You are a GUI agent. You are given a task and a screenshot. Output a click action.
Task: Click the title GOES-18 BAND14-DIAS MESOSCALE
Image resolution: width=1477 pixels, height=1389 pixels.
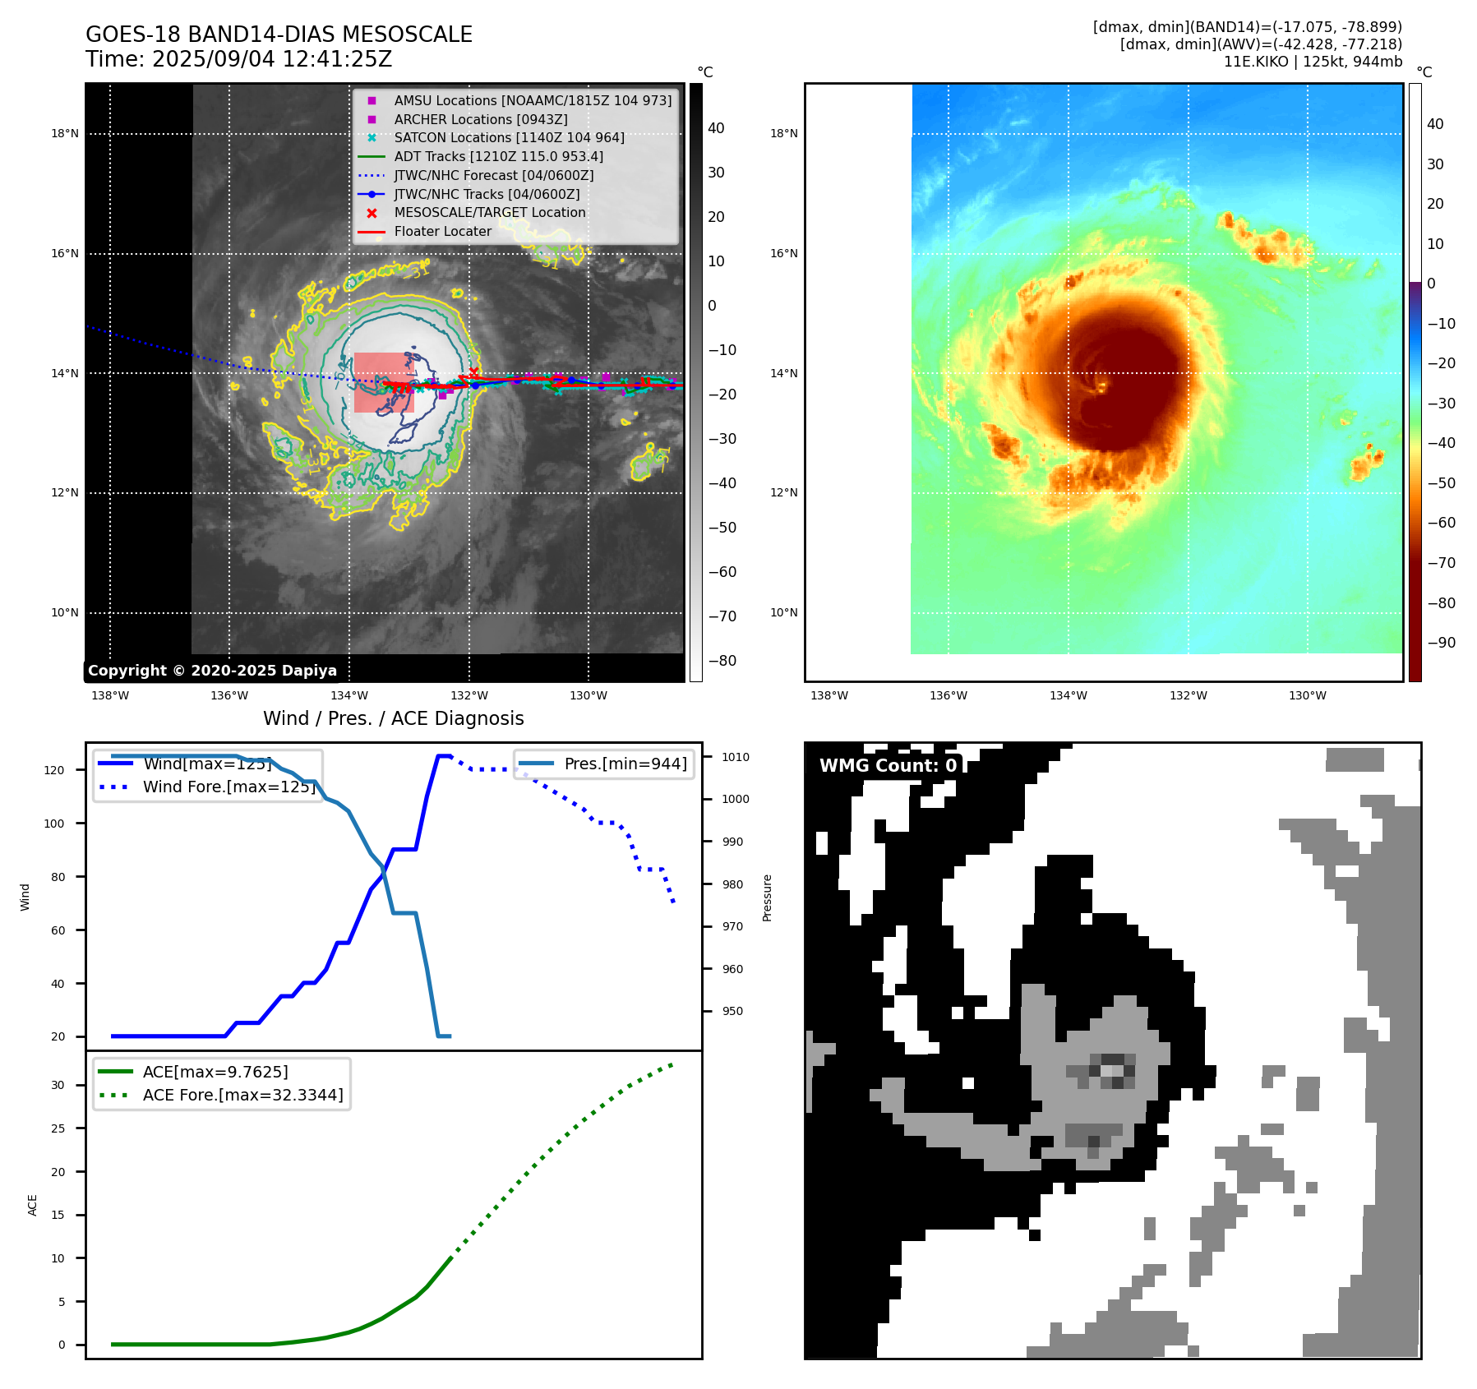(x=279, y=35)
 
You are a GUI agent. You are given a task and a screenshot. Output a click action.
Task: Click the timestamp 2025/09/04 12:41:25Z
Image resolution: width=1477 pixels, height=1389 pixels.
(x=272, y=59)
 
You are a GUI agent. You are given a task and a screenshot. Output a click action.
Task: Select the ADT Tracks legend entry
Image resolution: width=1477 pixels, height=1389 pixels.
(x=498, y=156)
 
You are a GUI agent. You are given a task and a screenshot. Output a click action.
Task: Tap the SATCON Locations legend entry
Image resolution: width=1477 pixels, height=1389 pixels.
(x=509, y=137)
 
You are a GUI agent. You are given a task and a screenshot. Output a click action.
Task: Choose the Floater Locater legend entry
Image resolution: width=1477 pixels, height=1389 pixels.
(x=442, y=231)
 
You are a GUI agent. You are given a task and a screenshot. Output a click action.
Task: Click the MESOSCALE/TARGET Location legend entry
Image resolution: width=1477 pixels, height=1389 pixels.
(x=490, y=212)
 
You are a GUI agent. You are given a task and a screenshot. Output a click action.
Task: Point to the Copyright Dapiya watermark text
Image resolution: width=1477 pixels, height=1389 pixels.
(x=212, y=671)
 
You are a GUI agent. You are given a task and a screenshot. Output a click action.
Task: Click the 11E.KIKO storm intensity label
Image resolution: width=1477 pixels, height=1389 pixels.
(x=1313, y=62)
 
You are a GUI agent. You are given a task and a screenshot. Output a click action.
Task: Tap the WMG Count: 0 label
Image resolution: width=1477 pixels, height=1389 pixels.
(x=888, y=765)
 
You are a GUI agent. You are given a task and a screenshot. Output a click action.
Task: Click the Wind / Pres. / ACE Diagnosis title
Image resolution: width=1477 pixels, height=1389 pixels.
(x=393, y=718)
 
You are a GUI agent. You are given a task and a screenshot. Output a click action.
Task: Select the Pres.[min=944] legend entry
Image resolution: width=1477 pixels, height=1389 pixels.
(x=625, y=764)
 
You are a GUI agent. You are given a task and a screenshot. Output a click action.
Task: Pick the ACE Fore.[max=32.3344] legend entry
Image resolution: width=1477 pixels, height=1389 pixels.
(x=242, y=1095)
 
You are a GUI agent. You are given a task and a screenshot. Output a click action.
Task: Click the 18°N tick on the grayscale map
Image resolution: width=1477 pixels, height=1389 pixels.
(x=65, y=133)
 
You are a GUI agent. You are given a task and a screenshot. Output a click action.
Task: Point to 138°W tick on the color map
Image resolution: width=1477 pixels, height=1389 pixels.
(x=829, y=695)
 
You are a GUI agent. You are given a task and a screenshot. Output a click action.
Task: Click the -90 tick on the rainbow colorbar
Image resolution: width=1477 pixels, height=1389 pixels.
(x=1441, y=643)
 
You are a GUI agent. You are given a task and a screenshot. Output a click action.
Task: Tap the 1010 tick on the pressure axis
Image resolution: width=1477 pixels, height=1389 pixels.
(x=736, y=757)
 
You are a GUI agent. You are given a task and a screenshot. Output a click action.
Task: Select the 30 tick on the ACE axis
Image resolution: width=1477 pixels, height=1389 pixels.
(x=58, y=1085)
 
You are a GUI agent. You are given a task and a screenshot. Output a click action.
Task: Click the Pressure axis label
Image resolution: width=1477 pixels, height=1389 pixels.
(x=767, y=898)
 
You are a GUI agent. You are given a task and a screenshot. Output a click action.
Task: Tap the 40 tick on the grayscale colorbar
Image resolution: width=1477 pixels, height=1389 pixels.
(x=716, y=128)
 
